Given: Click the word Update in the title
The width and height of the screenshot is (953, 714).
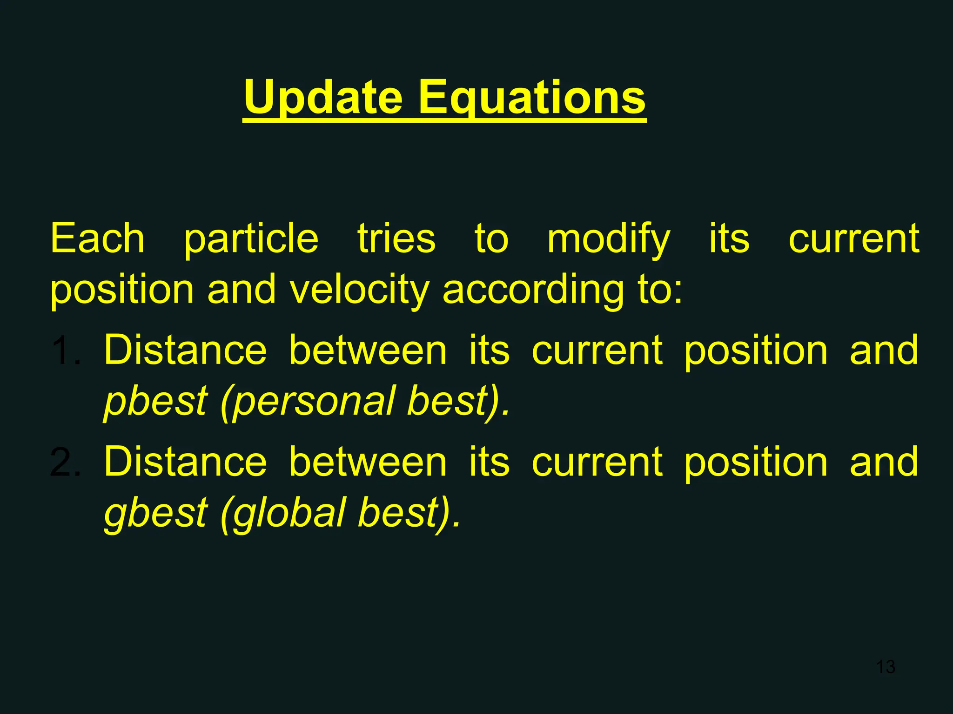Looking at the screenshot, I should [323, 98].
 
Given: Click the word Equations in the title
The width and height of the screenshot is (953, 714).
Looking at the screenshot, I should [532, 98].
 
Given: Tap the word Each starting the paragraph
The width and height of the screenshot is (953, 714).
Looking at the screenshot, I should [98, 238].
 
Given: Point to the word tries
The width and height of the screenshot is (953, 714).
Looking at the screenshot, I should [396, 238].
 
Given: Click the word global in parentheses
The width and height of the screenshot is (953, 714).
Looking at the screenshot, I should [289, 513].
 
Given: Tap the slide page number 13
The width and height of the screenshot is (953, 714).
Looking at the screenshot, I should [886, 667].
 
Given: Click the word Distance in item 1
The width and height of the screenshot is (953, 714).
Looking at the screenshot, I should [185, 350].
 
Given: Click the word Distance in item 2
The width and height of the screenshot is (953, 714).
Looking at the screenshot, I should [185, 462].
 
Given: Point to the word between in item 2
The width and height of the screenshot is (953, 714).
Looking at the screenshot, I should [368, 462].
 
